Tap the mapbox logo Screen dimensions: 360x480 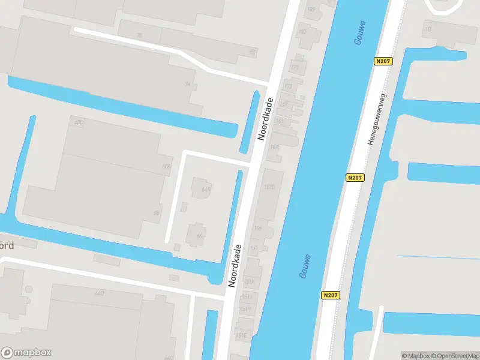coord(26,353)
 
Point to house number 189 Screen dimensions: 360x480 coord(311,9)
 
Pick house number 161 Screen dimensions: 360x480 coord(275,147)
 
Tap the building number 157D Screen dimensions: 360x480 coord(269,187)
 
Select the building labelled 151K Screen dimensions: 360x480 coord(250,281)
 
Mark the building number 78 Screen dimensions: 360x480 coord(139,35)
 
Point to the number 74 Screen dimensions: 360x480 coord(188,85)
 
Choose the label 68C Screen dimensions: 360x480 coord(78,122)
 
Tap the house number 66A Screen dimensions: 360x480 coord(206,190)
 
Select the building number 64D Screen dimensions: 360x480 coord(100,293)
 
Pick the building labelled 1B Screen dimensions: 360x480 coord(428,28)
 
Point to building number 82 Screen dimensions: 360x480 coord(251,53)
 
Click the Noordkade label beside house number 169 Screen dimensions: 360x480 coord(265,119)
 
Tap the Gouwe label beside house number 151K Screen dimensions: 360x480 coord(305,266)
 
